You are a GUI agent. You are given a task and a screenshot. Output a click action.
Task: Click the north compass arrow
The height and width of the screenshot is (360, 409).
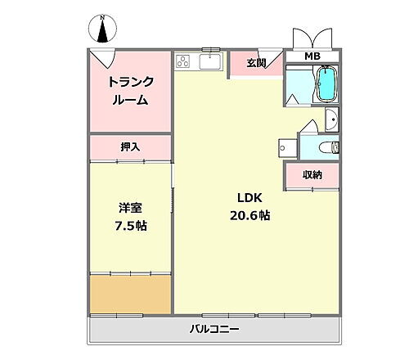(x=103, y=30)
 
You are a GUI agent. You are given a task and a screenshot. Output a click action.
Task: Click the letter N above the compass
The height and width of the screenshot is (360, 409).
(x=103, y=16)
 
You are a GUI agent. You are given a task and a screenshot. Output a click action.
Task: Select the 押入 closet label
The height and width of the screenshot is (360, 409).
(x=130, y=147)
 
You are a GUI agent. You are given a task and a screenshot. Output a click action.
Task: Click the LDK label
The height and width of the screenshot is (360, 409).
(x=249, y=198)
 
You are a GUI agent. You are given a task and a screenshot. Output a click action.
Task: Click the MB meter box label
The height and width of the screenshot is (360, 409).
(x=312, y=56)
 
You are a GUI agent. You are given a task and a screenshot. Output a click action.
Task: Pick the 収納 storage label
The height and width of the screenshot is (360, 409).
(x=312, y=174)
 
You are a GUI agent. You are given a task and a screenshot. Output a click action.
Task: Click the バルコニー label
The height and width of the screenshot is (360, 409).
(x=215, y=330)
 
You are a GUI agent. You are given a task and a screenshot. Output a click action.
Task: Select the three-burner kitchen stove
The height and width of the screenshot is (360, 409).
(x=183, y=61)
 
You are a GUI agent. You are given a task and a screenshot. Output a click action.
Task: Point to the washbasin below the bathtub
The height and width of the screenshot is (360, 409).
(x=330, y=119)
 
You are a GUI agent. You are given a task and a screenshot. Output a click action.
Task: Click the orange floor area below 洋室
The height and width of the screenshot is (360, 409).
(x=130, y=293)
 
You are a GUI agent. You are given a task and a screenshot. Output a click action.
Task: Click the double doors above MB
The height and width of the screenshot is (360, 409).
(x=312, y=39)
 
